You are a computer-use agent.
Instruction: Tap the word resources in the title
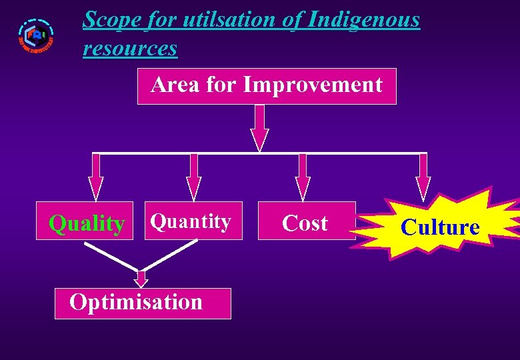(130, 48)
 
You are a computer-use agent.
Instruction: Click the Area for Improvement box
(267, 86)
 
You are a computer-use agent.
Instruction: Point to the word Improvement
(313, 85)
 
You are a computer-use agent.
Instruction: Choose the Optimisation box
(143, 303)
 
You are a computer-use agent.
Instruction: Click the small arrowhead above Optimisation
(141, 279)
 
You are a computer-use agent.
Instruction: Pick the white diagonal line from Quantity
(170, 256)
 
